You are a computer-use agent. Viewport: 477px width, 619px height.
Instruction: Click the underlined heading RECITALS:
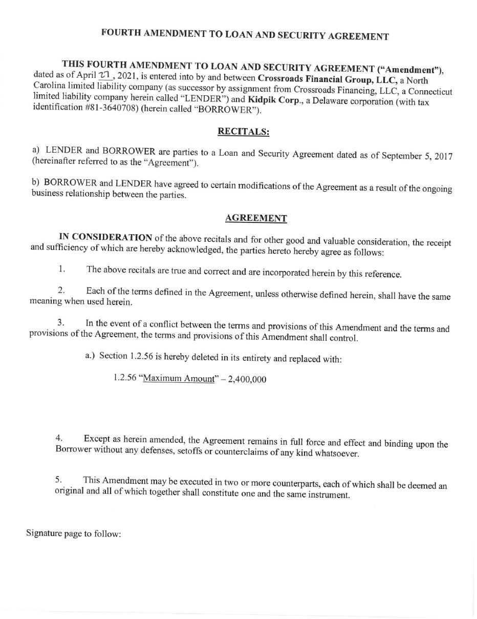coord(243,131)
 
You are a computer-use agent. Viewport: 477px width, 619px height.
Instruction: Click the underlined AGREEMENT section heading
coord(256,218)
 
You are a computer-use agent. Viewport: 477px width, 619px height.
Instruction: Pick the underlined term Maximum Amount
coord(178,379)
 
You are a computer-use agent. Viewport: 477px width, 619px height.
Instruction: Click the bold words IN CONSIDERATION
coord(105,237)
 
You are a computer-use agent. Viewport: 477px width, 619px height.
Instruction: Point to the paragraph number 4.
coord(59,438)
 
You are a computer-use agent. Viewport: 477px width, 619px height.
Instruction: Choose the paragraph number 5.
coord(58,480)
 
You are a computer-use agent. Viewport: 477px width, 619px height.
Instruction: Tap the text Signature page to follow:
coord(74,533)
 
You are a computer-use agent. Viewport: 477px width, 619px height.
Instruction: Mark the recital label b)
coord(36,182)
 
